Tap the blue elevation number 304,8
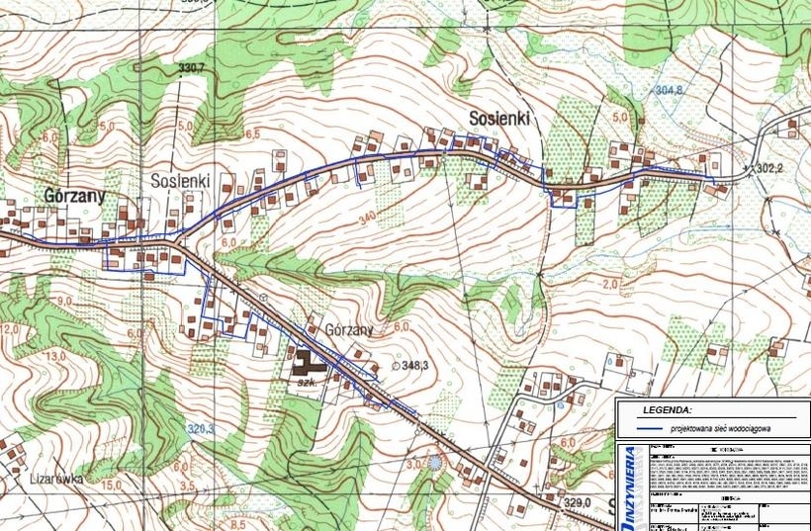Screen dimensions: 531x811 click(669, 90)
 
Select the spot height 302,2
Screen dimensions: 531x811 click(769, 169)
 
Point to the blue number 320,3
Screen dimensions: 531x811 click(201, 429)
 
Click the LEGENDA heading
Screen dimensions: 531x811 click(668, 408)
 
